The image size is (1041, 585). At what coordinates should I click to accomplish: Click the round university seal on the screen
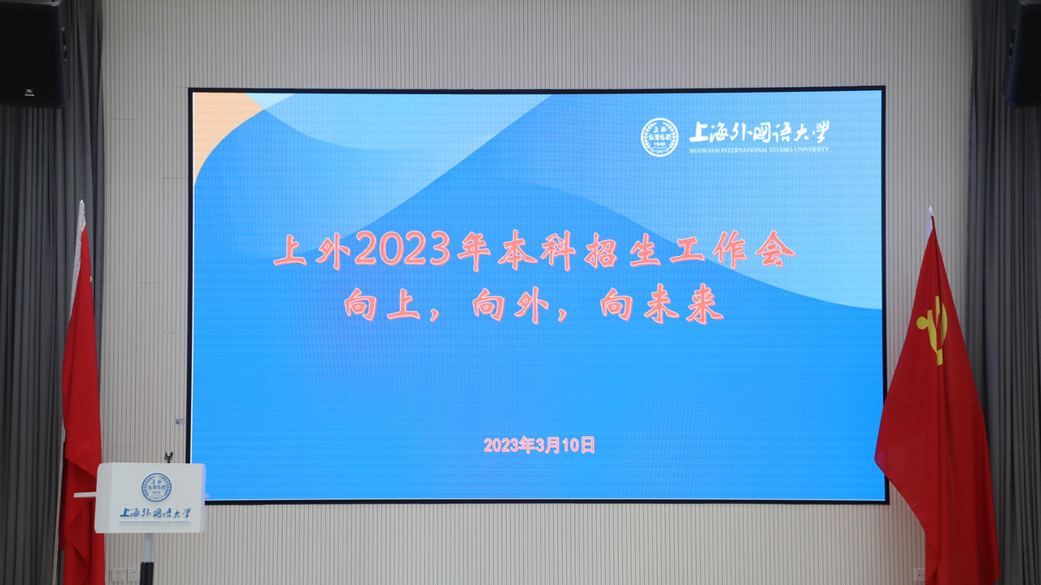point(659,137)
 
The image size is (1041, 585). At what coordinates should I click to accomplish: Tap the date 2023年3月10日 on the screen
point(539,444)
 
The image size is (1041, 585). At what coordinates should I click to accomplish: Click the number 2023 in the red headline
point(403,249)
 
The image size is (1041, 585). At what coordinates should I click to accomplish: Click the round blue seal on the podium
point(156,487)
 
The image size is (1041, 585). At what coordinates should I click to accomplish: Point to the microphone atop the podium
point(168,457)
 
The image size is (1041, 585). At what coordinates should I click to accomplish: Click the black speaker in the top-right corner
point(1022,54)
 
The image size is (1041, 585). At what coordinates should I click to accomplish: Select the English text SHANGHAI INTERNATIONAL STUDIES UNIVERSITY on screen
point(759,150)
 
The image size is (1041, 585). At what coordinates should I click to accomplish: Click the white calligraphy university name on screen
point(759,132)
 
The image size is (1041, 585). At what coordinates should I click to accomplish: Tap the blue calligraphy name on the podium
point(155,513)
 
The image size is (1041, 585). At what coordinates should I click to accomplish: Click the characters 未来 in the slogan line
point(684,304)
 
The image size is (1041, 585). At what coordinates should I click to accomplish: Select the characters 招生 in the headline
point(623,251)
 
